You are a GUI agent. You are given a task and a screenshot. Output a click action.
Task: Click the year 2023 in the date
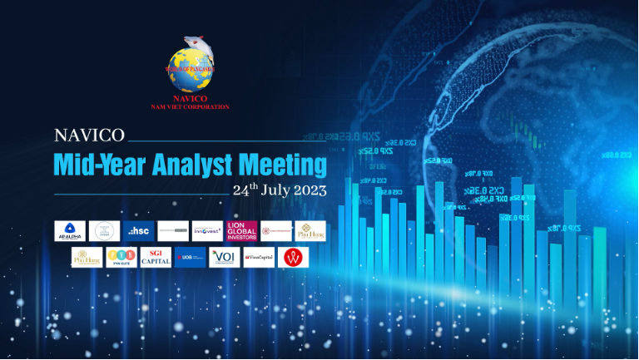(x=309, y=190)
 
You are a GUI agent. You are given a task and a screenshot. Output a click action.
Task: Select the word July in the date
(x=275, y=190)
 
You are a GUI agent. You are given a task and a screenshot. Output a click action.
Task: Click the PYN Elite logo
(x=121, y=258)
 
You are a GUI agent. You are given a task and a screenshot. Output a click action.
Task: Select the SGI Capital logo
(x=156, y=258)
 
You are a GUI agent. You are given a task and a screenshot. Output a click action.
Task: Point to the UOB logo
(x=190, y=258)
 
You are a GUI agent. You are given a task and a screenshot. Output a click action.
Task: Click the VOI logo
(x=224, y=258)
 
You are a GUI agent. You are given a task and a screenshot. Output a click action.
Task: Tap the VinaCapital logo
(x=258, y=258)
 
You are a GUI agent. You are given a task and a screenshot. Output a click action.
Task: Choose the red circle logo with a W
(x=292, y=258)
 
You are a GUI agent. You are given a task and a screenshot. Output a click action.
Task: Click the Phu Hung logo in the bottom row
(x=87, y=258)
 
